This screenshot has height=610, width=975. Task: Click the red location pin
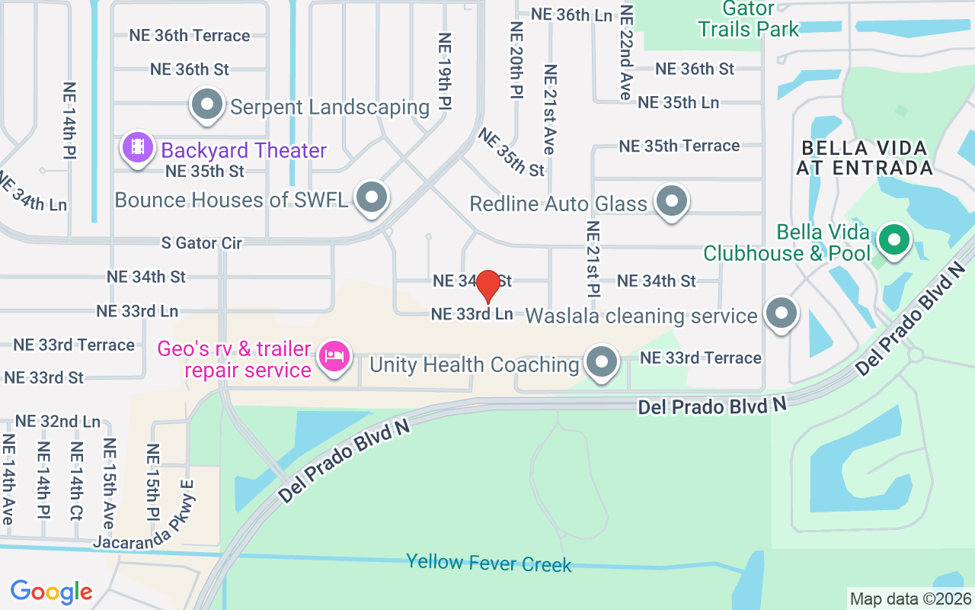tap(487, 286)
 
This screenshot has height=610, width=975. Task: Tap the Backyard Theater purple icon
tap(137, 146)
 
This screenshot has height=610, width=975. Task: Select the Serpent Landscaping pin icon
tap(206, 105)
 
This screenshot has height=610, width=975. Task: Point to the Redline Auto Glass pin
tap(672, 201)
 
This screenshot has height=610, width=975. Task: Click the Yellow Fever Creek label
tap(488, 563)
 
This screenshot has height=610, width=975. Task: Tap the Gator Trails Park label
tap(749, 20)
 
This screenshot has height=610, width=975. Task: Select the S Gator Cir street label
tap(201, 243)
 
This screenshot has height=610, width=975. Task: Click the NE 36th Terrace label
tap(189, 36)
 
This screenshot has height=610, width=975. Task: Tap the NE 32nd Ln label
tap(58, 421)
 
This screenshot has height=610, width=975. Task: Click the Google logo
tap(51, 592)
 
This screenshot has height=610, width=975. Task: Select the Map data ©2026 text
tap(910, 599)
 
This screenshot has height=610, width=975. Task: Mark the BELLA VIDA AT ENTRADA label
tap(864, 158)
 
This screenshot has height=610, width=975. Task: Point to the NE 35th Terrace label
tap(679, 146)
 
